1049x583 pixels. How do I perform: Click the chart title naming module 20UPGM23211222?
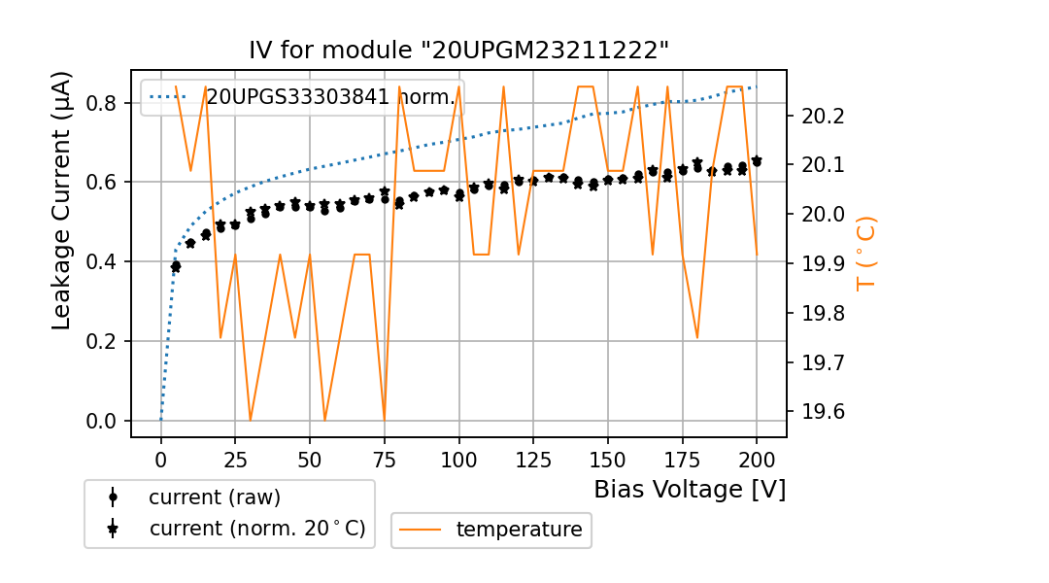[x=459, y=51]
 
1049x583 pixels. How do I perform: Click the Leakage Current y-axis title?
[x=62, y=200]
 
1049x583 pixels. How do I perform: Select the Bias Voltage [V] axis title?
[x=690, y=490]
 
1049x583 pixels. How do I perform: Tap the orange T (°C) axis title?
[x=866, y=254]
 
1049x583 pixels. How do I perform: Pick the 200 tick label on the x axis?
[x=757, y=459]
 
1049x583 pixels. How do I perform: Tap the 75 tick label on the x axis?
[x=385, y=459]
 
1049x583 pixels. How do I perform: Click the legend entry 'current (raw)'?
[x=214, y=497]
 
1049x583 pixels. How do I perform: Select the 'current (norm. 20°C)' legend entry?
[x=256, y=529]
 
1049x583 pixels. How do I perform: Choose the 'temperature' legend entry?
[x=519, y=530]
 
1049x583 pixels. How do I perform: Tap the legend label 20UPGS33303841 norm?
[x=330, y=97]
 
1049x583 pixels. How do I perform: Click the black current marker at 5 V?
[x=176, y=266]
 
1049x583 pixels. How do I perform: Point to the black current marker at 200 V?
[x=757, y=161]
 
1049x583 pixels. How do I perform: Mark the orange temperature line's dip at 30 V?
[x=251, y=420]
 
